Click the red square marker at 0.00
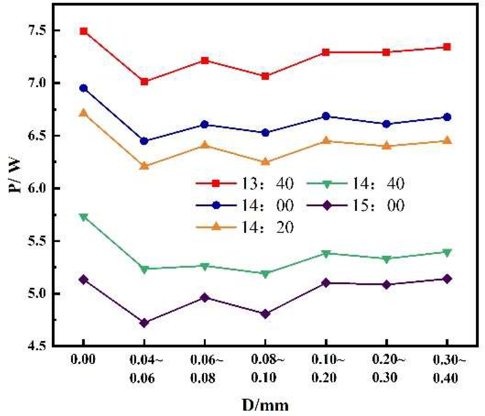[x=84, y=31]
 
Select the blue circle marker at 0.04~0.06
[x=144, y=141]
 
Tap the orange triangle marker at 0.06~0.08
[x=205, y=145]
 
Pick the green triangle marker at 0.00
[x=84, y=217]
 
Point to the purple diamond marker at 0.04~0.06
[x=144, y=323]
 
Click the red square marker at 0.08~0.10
[x=265, y=76]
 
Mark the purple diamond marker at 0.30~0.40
[x=447, y=279]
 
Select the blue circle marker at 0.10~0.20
[x=325, y=116]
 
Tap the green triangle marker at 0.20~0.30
[x=386, y=259]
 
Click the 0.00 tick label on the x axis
[x=83, y=360]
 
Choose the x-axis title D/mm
[x=265, y=405]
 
